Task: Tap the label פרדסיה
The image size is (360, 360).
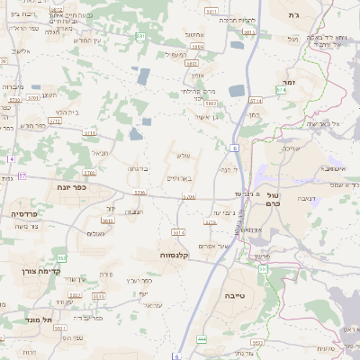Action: [23, 214]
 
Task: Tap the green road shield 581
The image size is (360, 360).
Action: [140, 36]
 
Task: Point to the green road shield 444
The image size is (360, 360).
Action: [202, 338]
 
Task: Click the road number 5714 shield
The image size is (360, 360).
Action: [256, 101]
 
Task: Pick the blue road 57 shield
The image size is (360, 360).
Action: [22, 175]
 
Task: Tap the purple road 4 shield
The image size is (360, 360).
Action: [11, 159]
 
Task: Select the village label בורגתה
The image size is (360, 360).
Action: [137, 168]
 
